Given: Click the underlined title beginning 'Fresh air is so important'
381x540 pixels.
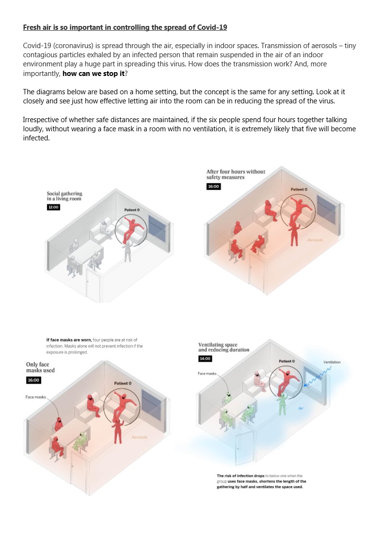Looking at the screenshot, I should [125, 27].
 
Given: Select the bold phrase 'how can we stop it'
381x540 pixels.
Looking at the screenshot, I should [93, 74].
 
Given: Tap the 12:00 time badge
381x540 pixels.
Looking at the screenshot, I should [53, 207].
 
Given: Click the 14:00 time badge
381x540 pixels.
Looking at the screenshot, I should [204, 359].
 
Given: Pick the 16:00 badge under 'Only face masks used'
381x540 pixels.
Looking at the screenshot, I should [34, 380].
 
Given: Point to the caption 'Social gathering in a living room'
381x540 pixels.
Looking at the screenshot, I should [64, 196].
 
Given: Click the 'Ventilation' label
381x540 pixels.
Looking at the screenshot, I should [332, 362].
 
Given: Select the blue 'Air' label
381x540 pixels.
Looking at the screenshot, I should [301, 408].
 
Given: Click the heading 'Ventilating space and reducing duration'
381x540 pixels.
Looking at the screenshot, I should [224, 347].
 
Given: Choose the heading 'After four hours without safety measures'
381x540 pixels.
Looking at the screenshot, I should [236, 174].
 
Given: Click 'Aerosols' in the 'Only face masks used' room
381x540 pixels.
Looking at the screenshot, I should [139, 437].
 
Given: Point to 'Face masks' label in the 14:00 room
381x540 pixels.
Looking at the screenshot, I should [207, 374].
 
